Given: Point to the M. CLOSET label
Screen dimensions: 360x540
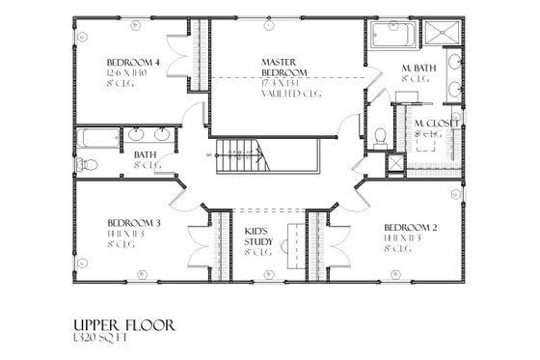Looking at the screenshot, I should coord(437,124).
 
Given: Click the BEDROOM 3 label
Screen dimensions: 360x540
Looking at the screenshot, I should coord(133,222).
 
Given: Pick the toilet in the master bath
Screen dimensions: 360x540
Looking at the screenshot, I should coord(380,136).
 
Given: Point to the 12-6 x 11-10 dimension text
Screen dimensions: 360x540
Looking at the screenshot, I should coord(129,74).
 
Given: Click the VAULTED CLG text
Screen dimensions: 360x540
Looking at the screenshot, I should coord(290,94).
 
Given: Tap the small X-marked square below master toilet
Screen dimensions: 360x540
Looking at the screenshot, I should coord(394,162).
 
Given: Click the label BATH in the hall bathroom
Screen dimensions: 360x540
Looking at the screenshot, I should coord(146,154).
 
